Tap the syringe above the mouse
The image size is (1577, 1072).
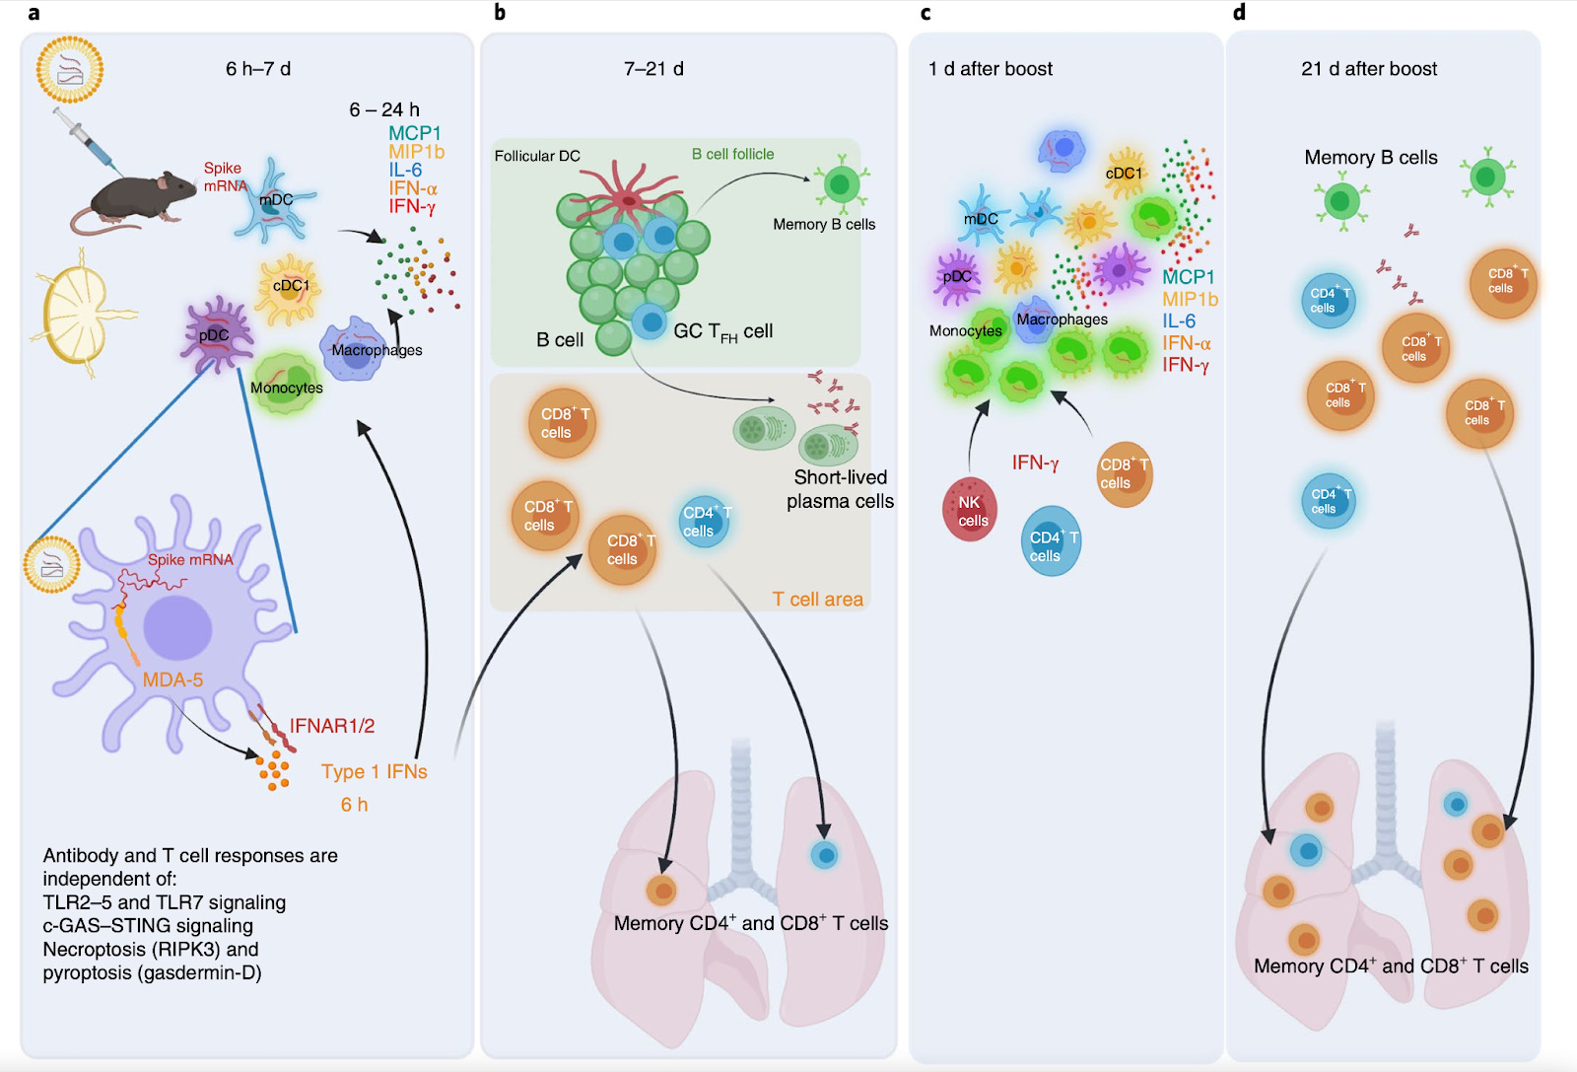[x=88, y=141]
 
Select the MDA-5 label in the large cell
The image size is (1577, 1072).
[x=172, y=679]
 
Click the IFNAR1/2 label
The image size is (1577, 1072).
[x=331, y=726]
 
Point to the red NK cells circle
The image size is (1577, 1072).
[x=970, y=509]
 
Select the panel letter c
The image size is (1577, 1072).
[x=926, y=13]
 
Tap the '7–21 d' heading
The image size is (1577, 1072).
[x=653, y=69]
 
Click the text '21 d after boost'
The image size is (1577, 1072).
[x=1369, y=69]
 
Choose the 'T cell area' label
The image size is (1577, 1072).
[x=817, y=599]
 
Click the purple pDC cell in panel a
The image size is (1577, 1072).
[x=216, y=335]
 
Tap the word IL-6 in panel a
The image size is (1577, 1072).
[x=405, y=170]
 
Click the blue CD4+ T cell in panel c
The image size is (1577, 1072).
[x=1051, y=540]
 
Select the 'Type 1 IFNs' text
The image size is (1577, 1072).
[x=375, y=771]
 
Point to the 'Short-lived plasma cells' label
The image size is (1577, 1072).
[x=840, y=489]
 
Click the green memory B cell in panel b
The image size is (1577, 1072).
[x=841, y=184]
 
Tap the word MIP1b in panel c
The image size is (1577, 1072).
[x=1190, y=300]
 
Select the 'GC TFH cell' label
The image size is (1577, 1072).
[x=723, y=331]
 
